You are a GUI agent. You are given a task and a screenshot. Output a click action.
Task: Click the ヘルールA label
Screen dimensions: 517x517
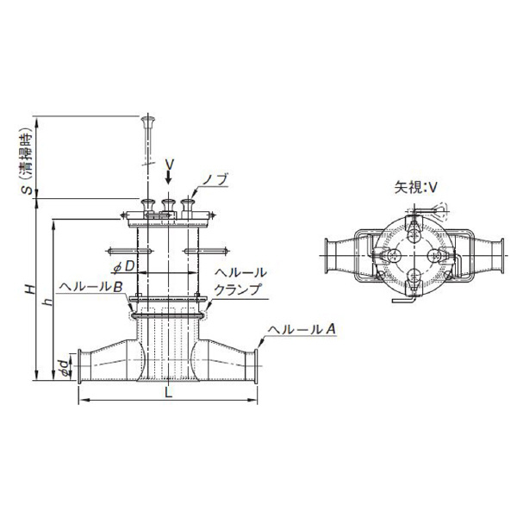[x=302, y=329]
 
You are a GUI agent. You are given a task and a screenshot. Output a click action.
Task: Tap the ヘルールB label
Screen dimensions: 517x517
[x=91, y=287]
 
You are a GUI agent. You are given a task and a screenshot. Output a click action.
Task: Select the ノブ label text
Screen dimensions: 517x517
[x=215, y=180]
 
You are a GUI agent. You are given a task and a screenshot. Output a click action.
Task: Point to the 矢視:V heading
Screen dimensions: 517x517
[x=415, y=188]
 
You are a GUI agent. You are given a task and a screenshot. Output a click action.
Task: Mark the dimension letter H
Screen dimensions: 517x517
[x=31, y=289]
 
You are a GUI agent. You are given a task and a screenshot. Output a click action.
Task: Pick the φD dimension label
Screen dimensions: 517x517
[x=124, y=266]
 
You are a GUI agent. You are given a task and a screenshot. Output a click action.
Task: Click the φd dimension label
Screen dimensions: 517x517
[x=66, y=368]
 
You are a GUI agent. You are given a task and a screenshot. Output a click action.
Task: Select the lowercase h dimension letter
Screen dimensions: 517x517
[x=49, y=302]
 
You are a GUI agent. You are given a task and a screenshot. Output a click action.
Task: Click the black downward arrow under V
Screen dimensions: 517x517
[x=169, y=177]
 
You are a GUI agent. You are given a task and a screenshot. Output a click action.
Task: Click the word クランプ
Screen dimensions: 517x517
[x=237, y=290]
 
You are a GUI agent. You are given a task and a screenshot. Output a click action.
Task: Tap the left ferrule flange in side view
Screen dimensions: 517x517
[x=79, y=366]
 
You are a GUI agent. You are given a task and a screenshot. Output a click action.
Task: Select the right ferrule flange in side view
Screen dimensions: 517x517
[x=256, y=366]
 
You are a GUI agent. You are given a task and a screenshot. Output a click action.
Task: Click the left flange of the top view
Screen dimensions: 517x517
[x=327, y=256]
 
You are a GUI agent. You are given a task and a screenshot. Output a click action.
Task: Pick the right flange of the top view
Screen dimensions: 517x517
[x=501, y=256]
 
